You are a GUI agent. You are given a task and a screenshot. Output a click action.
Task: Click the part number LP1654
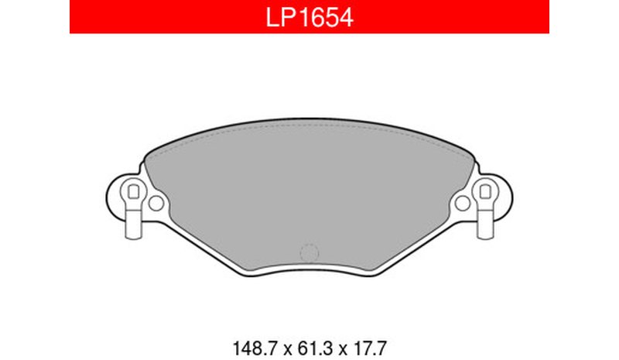point(309,17)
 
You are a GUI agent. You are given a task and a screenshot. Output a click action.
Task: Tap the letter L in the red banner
point(272,17)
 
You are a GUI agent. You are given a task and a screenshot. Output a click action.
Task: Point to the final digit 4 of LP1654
point(346,17)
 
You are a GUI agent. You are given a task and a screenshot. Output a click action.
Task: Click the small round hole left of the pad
point(156,203)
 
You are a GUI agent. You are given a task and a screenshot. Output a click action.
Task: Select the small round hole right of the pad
point(462,203)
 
